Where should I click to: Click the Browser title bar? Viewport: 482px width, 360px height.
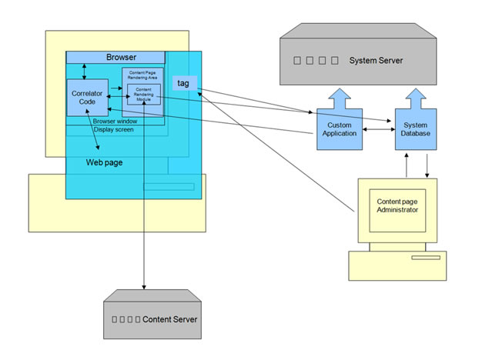pos(115,58)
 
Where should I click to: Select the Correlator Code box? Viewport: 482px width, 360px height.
pos(87,97)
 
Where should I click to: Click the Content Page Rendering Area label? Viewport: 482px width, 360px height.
pos(142,74)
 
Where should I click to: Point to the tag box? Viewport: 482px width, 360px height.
pos(183,83)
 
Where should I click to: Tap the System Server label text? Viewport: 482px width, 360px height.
pos(376,60)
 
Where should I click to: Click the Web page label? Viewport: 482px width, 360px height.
pos(104,163)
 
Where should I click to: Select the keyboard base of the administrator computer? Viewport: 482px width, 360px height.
pos(396,265)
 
